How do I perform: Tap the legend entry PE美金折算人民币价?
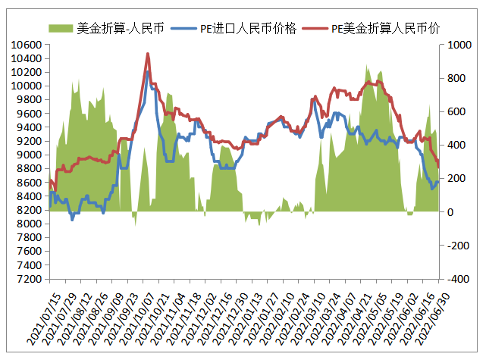pyautogui.click(x=387, y=29)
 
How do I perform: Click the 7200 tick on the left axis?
pyautogui.click(x=28, y=280)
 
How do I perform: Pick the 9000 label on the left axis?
pyautogui.click(x=28, y=155)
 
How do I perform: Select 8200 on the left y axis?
pyautogui.click(x=28, y=211)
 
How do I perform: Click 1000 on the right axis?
pyautogui.click(x=458, y=45)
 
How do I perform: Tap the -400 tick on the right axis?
pyautogui.click(x=457, y=280)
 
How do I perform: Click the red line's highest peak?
pyautogui.click(x=147, y=54)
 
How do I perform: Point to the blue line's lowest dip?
pyautogui.click(x=72, y=219)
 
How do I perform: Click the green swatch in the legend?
pyautogui.click(x=61, y=29)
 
